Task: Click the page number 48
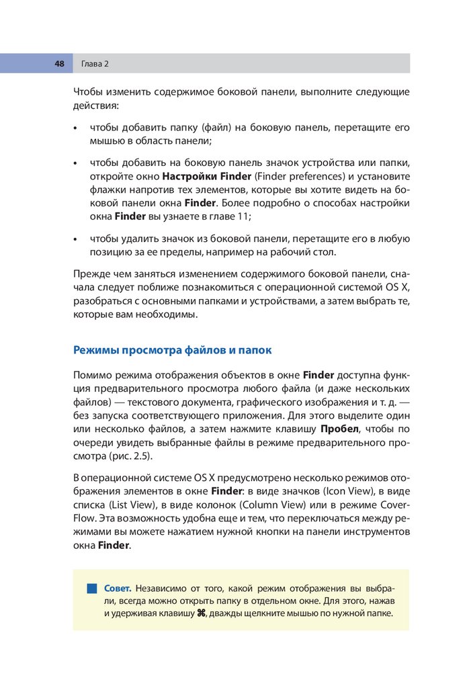pyautogui.click(x=59, y=64)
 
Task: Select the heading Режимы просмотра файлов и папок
pyautogui.click(x=172, y=351)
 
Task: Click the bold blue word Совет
pyautogui.click(x=121, y=588)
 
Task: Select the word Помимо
pyautogui.click(x=93, y=375)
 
